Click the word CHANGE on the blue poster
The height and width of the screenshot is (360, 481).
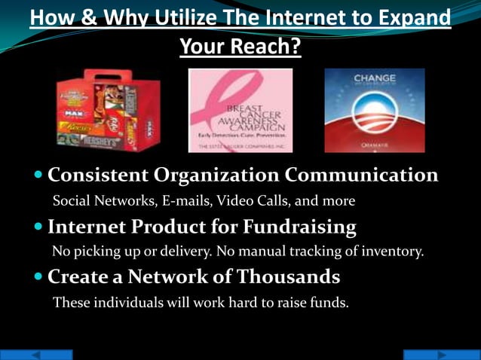pos(375,78)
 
